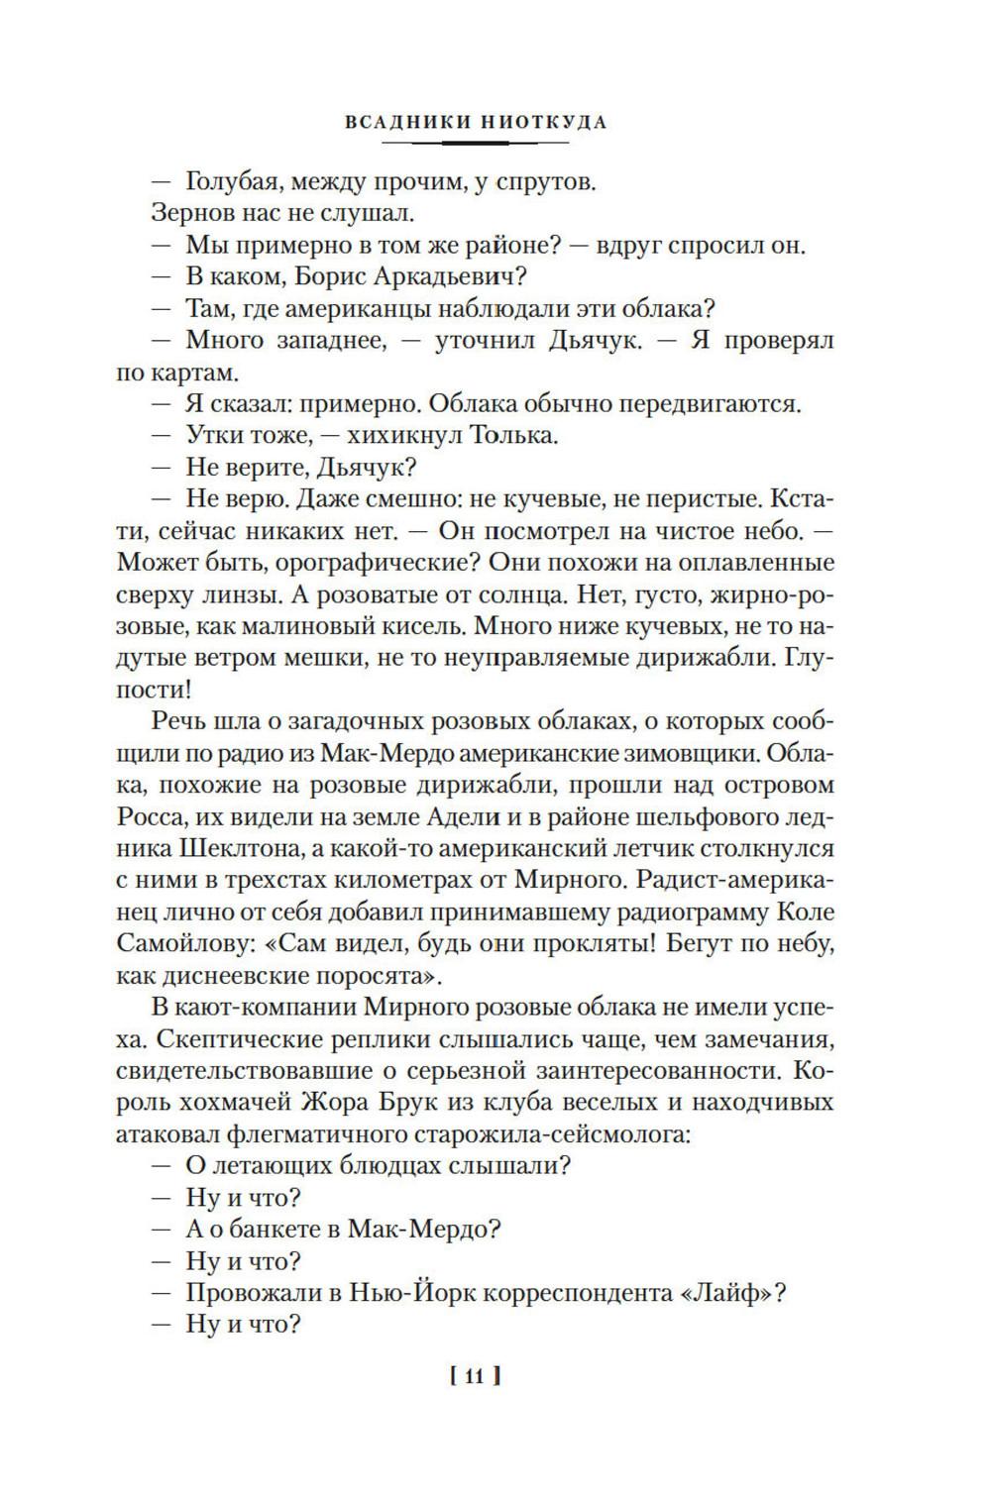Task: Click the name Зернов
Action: pyautogui.click(x=188, y=213)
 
